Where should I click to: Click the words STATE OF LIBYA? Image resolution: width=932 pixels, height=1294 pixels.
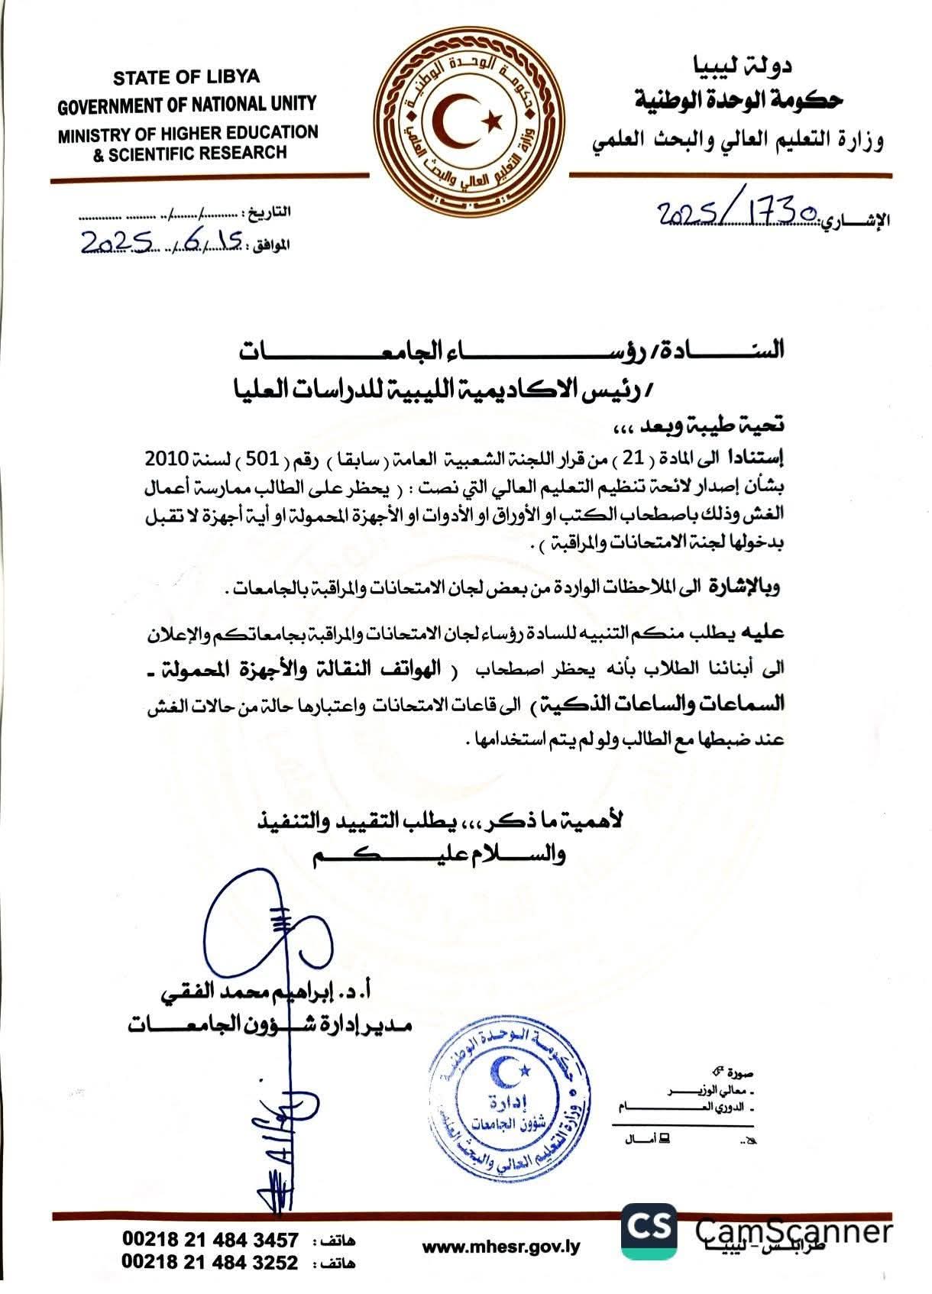(x=186, y=77)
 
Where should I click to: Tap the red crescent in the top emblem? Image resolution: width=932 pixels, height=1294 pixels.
(x=458, y=122)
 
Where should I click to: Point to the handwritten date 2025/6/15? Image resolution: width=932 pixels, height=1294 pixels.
(x=163, y=242)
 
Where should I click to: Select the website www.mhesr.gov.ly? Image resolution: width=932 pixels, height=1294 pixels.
(x=501, y=1247)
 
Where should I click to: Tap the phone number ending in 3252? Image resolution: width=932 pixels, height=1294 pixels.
(x=209, y=1263)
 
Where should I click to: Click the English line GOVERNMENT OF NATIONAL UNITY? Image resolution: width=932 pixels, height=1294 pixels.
(x=187, y=104)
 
